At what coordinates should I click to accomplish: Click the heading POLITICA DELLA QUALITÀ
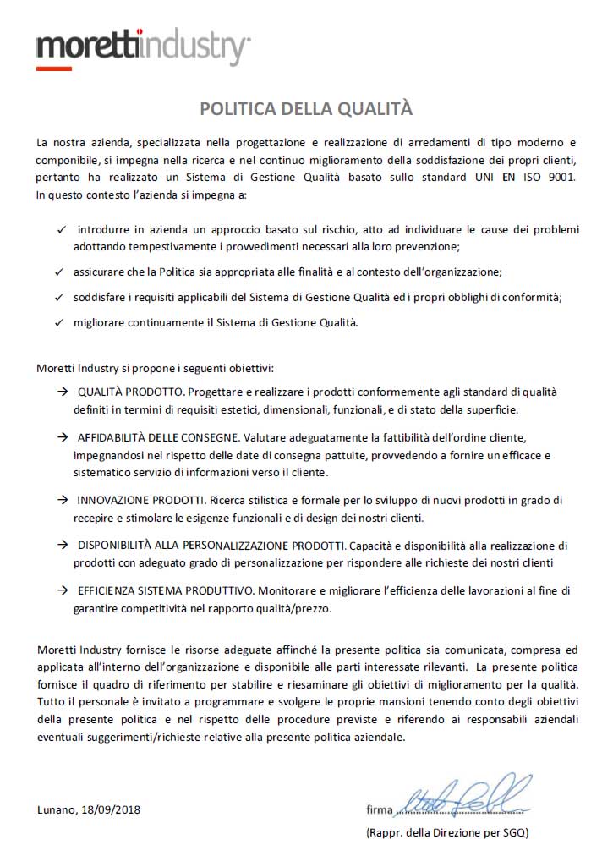pyautogui.click(x=306, y=108)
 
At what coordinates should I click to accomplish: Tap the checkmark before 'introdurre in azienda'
pyautogui.click(x=60, y=230)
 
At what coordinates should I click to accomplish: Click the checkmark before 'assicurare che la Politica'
pyautogui.click(x=60, y=272)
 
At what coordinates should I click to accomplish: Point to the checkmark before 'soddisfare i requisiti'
pyautogui.click(x=60, y=298)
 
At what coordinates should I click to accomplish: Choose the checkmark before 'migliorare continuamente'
pyautogui.click(x=60, y=323)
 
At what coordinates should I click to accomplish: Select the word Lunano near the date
pyautogui.click(x=57, y=809)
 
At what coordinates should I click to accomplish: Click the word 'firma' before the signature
pyautogui.click(x=380, y=809)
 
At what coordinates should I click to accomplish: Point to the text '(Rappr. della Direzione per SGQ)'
pyautogui.click(x=447, y=832)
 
